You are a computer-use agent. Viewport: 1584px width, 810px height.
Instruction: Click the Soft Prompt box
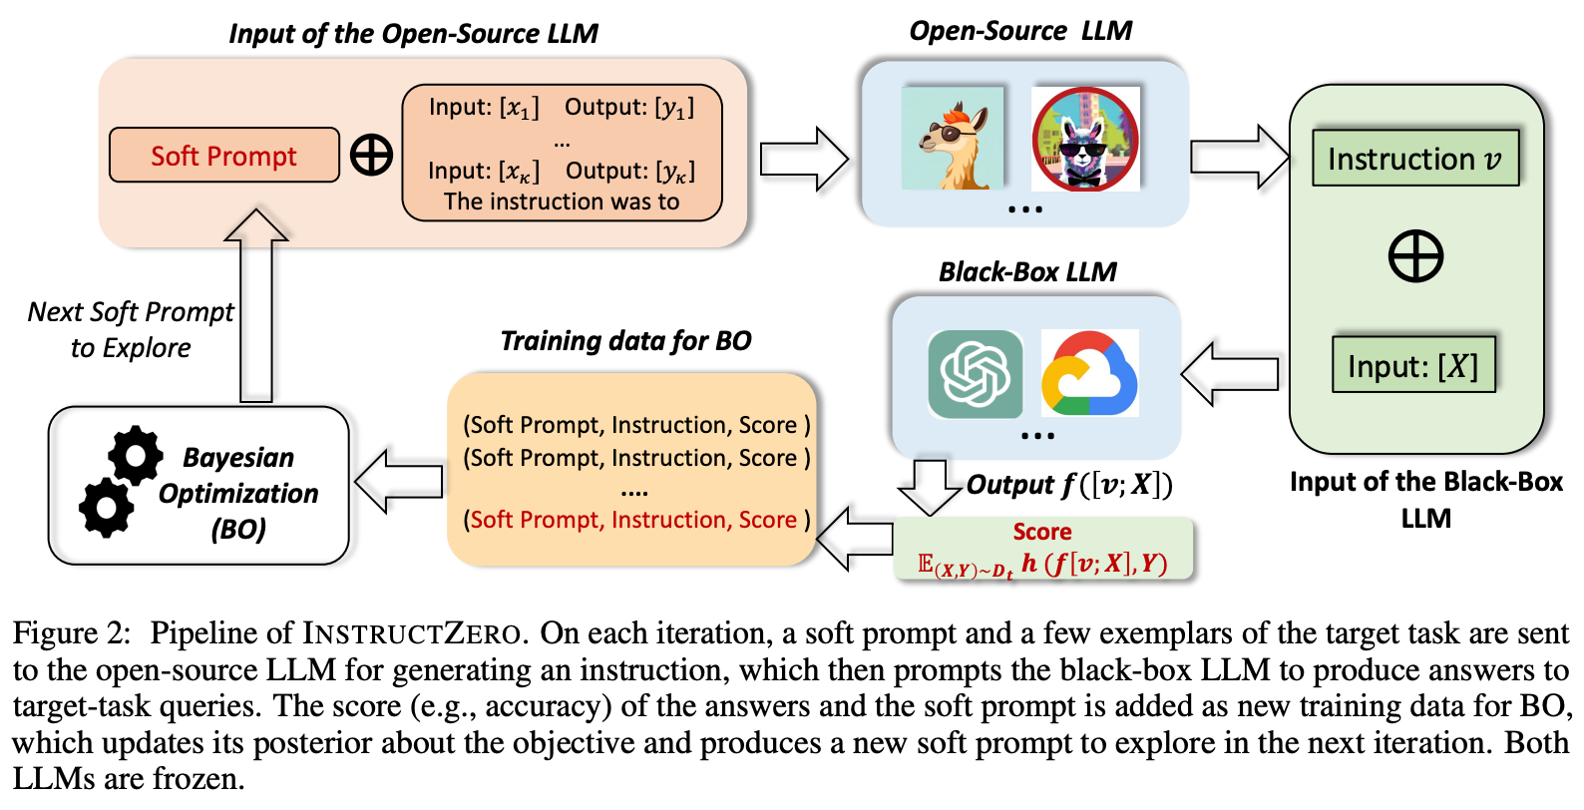223,156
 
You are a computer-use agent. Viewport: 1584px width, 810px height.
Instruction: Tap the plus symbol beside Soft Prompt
371,156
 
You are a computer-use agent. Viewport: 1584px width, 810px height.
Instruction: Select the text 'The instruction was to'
562,202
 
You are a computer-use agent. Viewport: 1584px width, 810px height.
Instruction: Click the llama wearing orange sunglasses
952,139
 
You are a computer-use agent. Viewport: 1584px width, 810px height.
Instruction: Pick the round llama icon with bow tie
1084,139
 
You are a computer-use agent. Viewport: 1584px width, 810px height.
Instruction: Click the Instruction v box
1414,158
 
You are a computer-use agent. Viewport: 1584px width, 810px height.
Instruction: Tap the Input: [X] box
1412,365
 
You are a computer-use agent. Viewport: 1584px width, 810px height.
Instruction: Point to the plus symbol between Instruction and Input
1415,256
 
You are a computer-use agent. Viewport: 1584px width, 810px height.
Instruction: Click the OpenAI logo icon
975,374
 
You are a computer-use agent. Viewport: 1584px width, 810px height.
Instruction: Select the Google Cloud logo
1089,374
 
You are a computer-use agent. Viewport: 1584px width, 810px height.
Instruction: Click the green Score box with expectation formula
1042,549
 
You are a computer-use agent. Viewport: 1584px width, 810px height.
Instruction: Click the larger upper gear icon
136,456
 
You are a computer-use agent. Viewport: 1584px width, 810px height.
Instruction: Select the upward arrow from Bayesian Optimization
256,304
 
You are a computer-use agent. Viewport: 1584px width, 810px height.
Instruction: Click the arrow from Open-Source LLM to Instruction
1238,157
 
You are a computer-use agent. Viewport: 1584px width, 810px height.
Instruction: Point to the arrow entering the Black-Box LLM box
1231,374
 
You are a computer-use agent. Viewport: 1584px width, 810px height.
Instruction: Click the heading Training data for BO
625,341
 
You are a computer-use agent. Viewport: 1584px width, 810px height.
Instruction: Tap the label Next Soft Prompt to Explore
130,329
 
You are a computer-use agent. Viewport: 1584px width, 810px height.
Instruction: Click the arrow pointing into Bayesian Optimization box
399,482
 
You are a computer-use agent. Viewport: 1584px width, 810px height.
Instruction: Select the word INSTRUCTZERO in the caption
411,633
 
